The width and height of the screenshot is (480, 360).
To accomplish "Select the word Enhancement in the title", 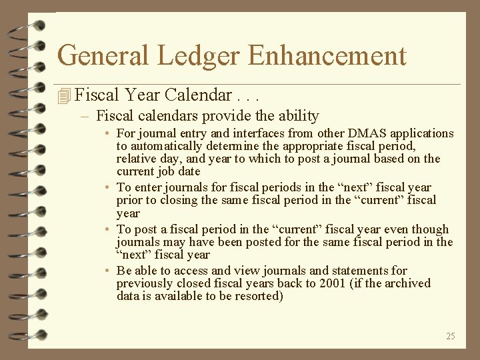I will [327, 55].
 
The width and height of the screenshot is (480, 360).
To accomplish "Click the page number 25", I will [451, 336].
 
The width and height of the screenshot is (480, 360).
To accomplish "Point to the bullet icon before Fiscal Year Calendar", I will [64, 97].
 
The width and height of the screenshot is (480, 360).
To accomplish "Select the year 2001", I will [353, 283].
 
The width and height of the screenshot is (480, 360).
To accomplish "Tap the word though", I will [431, 229].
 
